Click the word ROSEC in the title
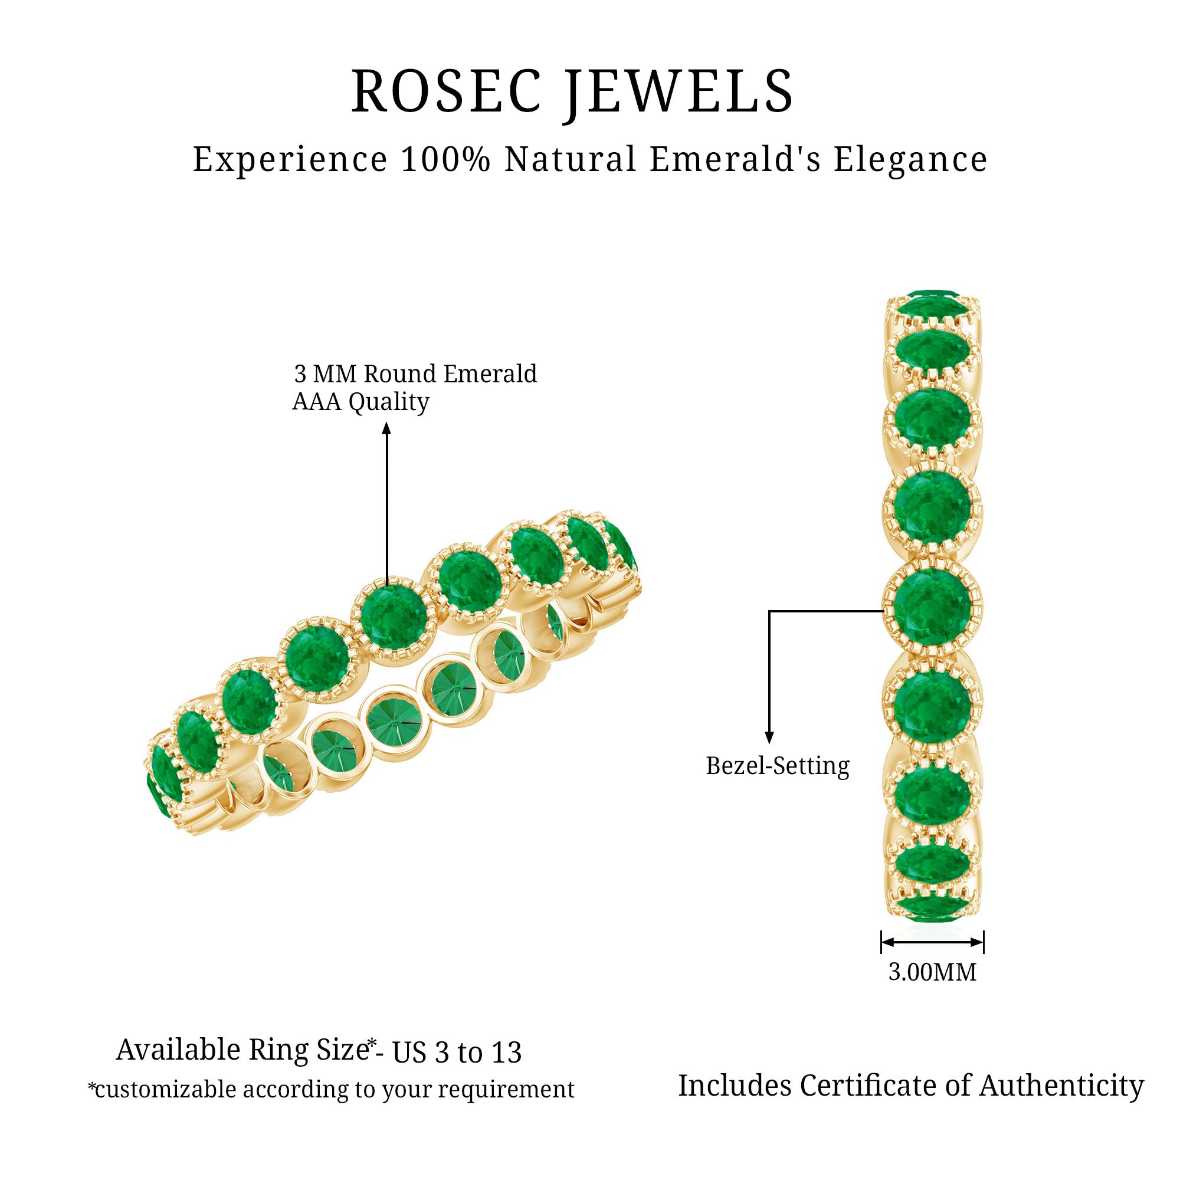[x=447, y=91]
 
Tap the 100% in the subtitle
[x=446, y=159]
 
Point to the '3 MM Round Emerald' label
[x=415, y=374]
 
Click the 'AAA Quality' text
[x=360, y=402]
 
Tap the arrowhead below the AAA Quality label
[x=386, y=430]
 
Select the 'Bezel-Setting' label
[x=778, y=766]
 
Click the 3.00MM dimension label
[x=932, y=972]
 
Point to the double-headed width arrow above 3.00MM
[x=932, y=942]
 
